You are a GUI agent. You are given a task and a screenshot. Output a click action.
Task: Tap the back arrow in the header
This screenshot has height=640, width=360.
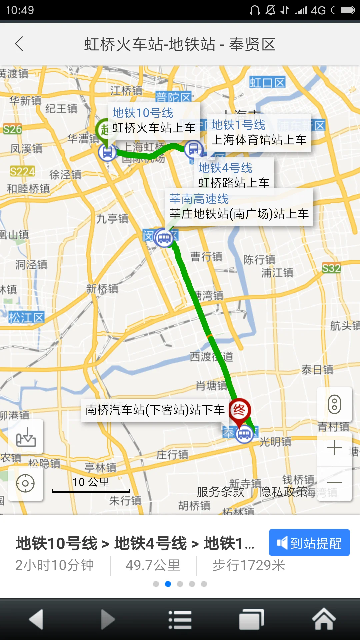coord(19,44)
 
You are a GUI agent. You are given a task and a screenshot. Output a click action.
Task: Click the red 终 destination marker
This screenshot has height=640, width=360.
coord(239,410)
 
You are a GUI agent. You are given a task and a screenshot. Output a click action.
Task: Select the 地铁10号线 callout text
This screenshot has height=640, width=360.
coord(143,113)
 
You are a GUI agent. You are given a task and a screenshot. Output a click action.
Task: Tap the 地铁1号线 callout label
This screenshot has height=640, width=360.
coord(238,125)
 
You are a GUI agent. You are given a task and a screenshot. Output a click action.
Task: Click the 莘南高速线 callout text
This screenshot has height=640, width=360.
coord(199,199)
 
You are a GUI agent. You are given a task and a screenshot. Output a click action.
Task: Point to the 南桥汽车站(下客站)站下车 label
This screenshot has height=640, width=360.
coord(155,410)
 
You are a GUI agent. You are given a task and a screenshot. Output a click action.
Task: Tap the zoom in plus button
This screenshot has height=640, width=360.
coord(334,448)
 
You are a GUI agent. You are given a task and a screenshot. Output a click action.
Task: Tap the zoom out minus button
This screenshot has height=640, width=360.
coord(334,482)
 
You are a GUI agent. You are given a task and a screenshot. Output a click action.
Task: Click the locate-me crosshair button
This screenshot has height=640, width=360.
coord(25,483)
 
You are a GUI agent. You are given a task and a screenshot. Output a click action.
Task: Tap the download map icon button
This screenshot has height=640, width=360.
coord(26,437)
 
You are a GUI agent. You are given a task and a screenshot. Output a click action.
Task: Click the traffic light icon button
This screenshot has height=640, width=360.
coord(334,404)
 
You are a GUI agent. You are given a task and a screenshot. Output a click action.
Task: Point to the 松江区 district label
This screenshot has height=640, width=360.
coord(26,317)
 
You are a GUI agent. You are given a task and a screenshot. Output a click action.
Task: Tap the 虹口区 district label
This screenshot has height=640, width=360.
coord(267,82)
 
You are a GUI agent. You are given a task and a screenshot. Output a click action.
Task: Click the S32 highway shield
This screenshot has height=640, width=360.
coord(331,268)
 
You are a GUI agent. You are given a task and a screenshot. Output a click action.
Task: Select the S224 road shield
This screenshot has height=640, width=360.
coord(22,171)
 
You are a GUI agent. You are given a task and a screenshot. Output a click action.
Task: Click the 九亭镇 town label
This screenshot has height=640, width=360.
coord(112,219)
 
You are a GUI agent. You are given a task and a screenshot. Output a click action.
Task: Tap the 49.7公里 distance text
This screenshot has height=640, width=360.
coord(153,565)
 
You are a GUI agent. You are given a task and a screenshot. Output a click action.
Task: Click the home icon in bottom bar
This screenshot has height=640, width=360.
coord(323,619)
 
